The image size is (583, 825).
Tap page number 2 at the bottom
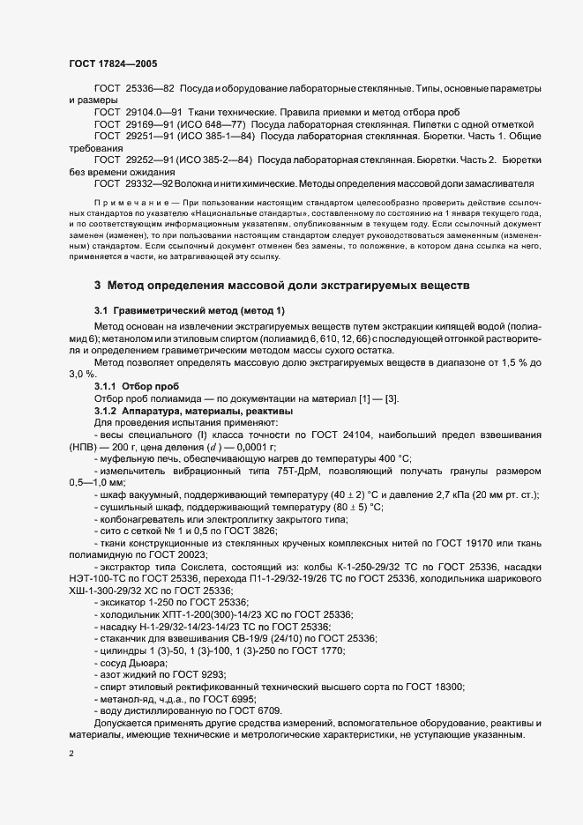[x=71, y=754]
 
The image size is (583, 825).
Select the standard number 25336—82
[x=151, y=89]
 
